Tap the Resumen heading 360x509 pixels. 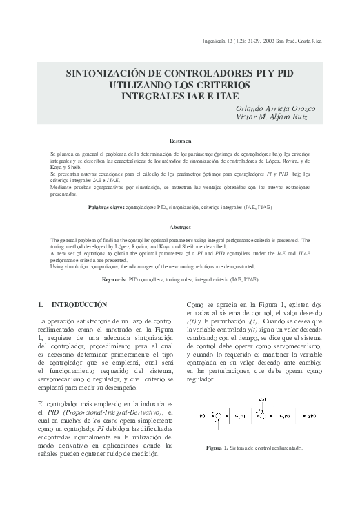click(180, 141)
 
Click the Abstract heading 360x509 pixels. click(180, 227)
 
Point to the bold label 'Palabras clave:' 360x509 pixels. click(107, 207)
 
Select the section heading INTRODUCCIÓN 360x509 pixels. click(79, 304)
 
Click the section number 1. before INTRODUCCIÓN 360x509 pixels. click(40, 304)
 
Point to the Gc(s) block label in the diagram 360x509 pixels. click(241, 416)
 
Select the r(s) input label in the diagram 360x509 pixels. click(201, 416)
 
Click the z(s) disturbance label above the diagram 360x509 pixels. click(261, 399)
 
